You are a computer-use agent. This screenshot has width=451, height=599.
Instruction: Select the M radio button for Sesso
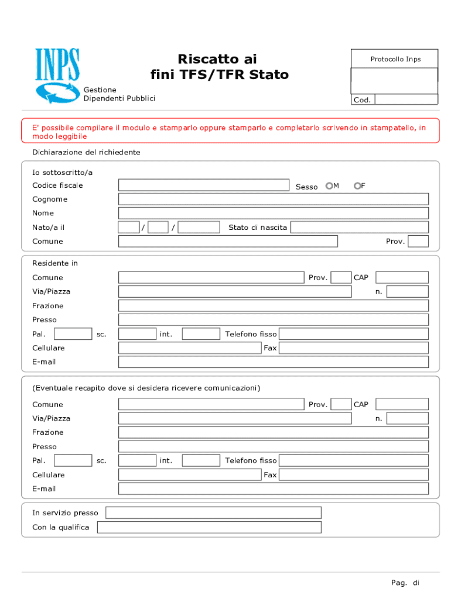(x=329, y=186)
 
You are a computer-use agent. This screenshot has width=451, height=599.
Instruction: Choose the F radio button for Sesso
(x=357, y=186)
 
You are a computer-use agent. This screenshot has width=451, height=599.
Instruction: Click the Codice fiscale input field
(x=203, y=185)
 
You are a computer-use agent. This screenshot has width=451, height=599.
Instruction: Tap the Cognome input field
(x=273, y=199)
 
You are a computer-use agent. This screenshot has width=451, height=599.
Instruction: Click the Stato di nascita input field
(x=359, y=227)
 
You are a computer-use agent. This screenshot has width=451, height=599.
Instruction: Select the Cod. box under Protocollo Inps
(x=406, y=100)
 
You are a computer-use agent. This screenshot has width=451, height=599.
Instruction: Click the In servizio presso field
(x=213, y=513)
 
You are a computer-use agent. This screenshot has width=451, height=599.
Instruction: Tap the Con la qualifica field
(x=209, y=527)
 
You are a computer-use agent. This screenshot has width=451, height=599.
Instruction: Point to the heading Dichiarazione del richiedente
(x=86, y=152)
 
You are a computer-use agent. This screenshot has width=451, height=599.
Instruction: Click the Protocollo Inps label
(x=395, y=59)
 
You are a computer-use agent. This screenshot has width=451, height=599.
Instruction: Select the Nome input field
(x=273, y=213)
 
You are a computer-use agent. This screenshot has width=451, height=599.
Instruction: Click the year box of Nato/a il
(x=199, y=227)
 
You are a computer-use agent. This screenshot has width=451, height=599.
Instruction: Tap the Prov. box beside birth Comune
(x=418, y=241)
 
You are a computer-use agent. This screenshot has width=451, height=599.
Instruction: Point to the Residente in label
(x=55, y=263)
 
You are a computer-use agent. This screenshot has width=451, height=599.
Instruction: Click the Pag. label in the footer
(x=399, y=583)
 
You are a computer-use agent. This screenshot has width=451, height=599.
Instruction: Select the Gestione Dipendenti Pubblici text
(x=119, y=94)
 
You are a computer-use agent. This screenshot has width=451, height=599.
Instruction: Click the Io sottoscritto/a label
(x=62, y=173)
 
